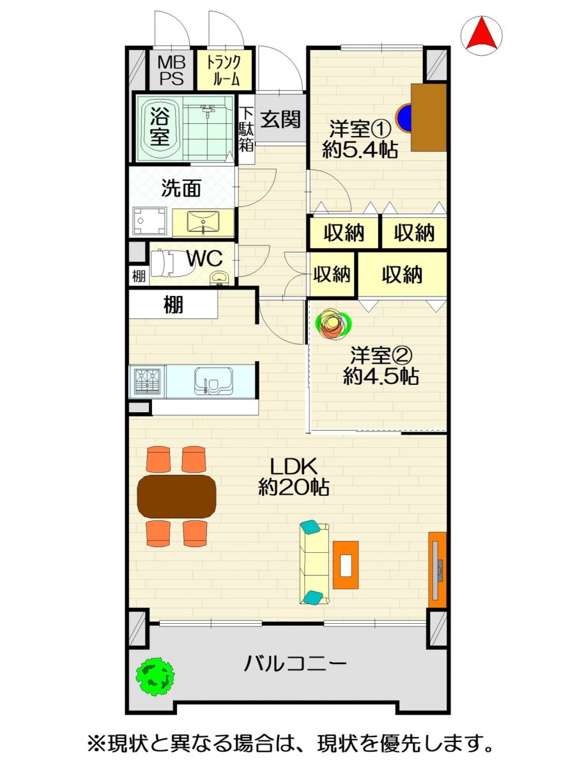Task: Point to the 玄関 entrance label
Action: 280,120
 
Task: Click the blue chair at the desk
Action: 404,118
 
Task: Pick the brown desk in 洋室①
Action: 429,117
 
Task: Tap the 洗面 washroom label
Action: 181,189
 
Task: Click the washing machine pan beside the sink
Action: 149,221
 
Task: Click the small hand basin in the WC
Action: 219,278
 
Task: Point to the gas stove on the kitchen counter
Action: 148,382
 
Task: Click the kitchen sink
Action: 213,382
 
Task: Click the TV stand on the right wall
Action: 438,570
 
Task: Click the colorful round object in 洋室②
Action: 333,323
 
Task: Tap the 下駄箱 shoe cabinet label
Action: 247,129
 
